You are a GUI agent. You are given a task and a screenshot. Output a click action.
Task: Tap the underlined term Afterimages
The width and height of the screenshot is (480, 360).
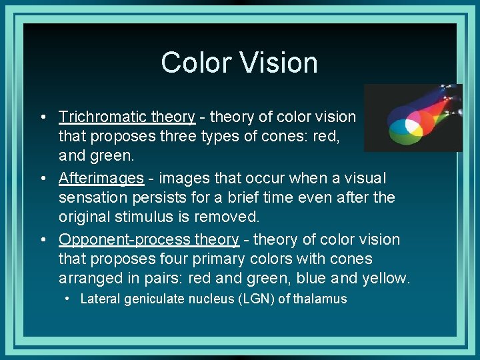[101, 179]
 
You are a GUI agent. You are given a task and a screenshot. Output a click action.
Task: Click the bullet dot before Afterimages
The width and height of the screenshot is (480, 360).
[43, 179]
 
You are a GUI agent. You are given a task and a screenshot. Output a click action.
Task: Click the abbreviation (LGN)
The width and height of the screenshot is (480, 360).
[258, 299]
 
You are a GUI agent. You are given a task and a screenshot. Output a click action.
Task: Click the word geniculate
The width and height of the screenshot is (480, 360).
[150, 299]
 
